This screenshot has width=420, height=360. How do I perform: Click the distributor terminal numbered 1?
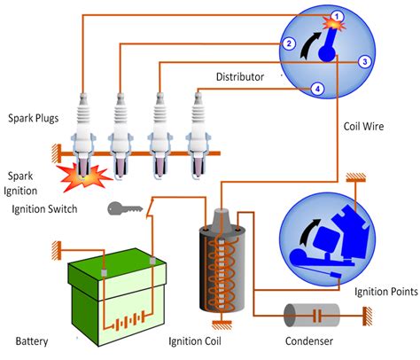pyautogui.click(x=337, y=15)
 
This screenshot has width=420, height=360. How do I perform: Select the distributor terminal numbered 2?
pyautogui.click(x=289, y=43)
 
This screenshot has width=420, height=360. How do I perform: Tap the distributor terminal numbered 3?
pyautogui.click(x=364, y=62)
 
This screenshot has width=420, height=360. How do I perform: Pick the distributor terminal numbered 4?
pyautogui.click(x=317, y=88)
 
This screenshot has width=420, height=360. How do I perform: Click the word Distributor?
pyautogui.click(x=240, y=77)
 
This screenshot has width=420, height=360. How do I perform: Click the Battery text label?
pyautogui.click(x=32, y=341)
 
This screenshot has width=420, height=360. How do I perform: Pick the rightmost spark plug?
pyautogui.click(x=197, y=129)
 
